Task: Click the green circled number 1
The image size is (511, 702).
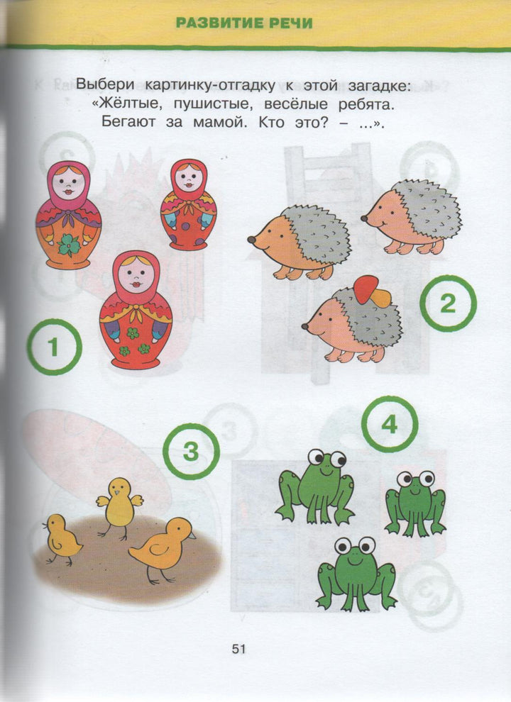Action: (54, 347)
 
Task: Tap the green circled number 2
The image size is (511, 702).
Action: (448, 303)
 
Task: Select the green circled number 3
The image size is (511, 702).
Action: (191, 451)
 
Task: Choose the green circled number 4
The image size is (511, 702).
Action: (390, 423)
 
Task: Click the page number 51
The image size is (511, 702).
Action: (239, 649)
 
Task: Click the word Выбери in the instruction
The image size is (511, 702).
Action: (105, 84)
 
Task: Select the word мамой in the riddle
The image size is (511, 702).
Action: (220, 122)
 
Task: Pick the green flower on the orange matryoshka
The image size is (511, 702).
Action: (69, 245)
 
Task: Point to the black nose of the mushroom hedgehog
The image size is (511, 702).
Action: (304, 326)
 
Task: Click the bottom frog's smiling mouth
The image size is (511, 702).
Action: (355, 561)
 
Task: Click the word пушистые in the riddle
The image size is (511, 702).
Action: (212, 104)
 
